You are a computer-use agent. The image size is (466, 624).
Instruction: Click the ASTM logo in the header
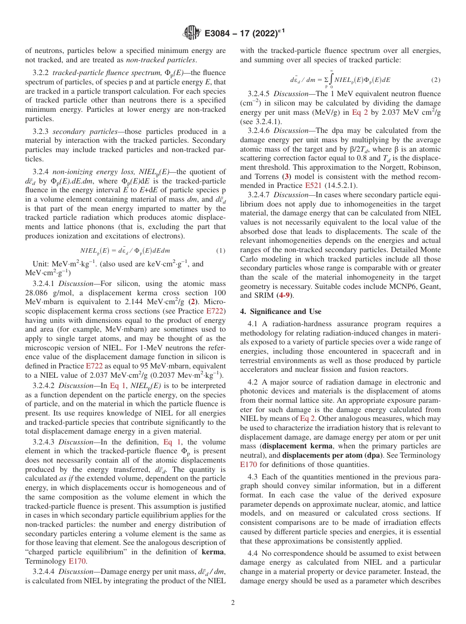click(191, 32)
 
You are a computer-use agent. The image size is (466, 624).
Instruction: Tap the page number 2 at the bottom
click(233, 603)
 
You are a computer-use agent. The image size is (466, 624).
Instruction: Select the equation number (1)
click(220, 251)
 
